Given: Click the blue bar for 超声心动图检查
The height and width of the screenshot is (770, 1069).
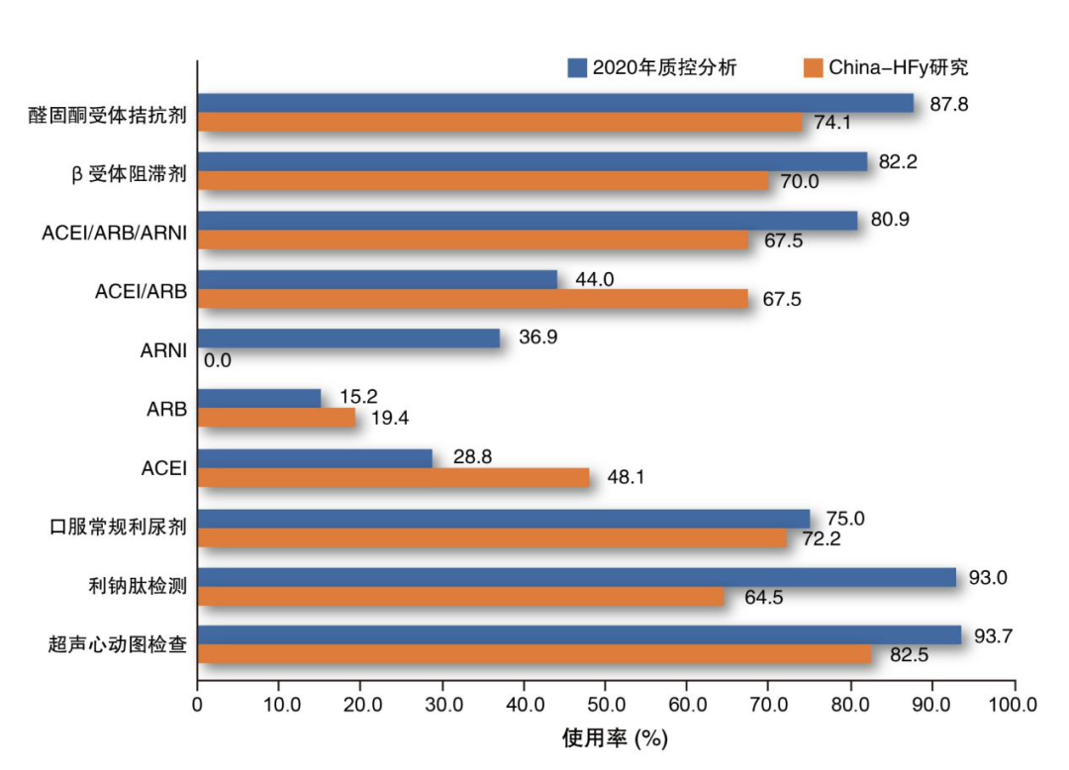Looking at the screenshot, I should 579,635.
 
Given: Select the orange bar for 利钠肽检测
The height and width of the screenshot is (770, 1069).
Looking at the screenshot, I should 460,597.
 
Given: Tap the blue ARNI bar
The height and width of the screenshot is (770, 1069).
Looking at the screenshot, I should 348,338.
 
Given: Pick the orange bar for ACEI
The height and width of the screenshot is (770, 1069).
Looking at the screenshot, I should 393,478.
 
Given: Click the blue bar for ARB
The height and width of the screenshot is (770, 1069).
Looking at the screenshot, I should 259,398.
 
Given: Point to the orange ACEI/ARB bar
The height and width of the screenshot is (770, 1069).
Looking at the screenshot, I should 473,299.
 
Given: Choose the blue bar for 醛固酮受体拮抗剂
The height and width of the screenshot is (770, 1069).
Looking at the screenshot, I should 555,103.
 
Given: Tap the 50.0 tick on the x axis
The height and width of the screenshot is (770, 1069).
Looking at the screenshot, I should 606,705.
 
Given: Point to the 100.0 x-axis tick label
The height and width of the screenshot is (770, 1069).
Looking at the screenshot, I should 1013,705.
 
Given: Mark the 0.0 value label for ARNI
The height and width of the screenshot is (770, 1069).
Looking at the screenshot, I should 218,360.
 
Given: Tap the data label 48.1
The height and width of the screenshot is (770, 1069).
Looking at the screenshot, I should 627,478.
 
